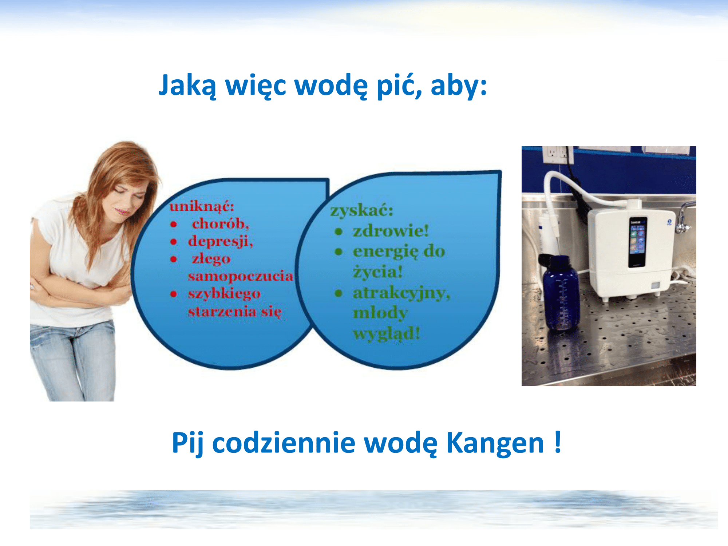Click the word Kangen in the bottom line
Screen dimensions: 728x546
pyautogui.click(x=495, y=444)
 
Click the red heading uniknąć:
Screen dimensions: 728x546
pyautogui.click(x=202, y=206)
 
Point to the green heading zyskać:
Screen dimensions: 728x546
pyautogui.click(x=362, y=210)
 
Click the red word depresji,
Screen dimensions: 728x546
pyautogui.click(x=221, y=241)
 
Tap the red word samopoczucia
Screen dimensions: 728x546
pyautogui.click(x=241, y=276)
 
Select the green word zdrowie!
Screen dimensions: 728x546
pyautogui.click(x=391, y=231)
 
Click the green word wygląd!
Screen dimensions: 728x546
pyautogui.click(x=387, y=333)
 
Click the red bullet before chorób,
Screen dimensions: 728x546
pyautogui.click(x=174, y=225)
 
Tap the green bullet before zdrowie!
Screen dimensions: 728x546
pyautogui.click(x=339, y=232)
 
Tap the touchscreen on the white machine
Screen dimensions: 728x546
pyautogui.click(x=638, y=242)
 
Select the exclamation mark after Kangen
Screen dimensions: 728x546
pyautogui.click(x=558, y=442)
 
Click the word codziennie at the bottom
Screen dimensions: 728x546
pyautogui.click(x=284, y=443)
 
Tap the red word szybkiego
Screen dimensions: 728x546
pyautogui.click(x=224, y=294)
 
